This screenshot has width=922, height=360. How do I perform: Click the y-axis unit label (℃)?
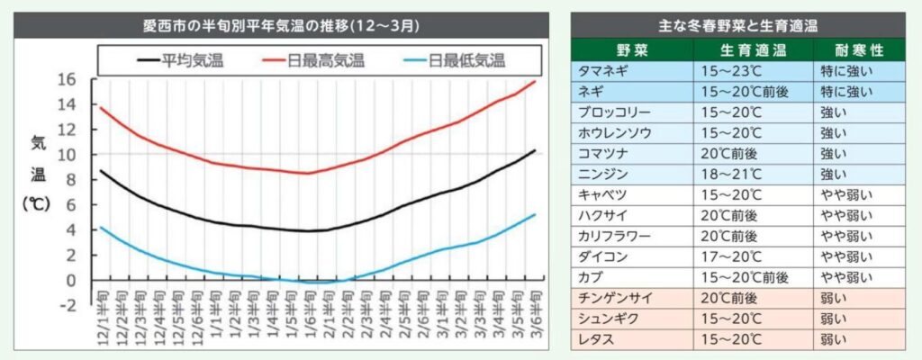[x=39, y=203]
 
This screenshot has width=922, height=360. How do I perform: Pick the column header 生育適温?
[x=753, y=49]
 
